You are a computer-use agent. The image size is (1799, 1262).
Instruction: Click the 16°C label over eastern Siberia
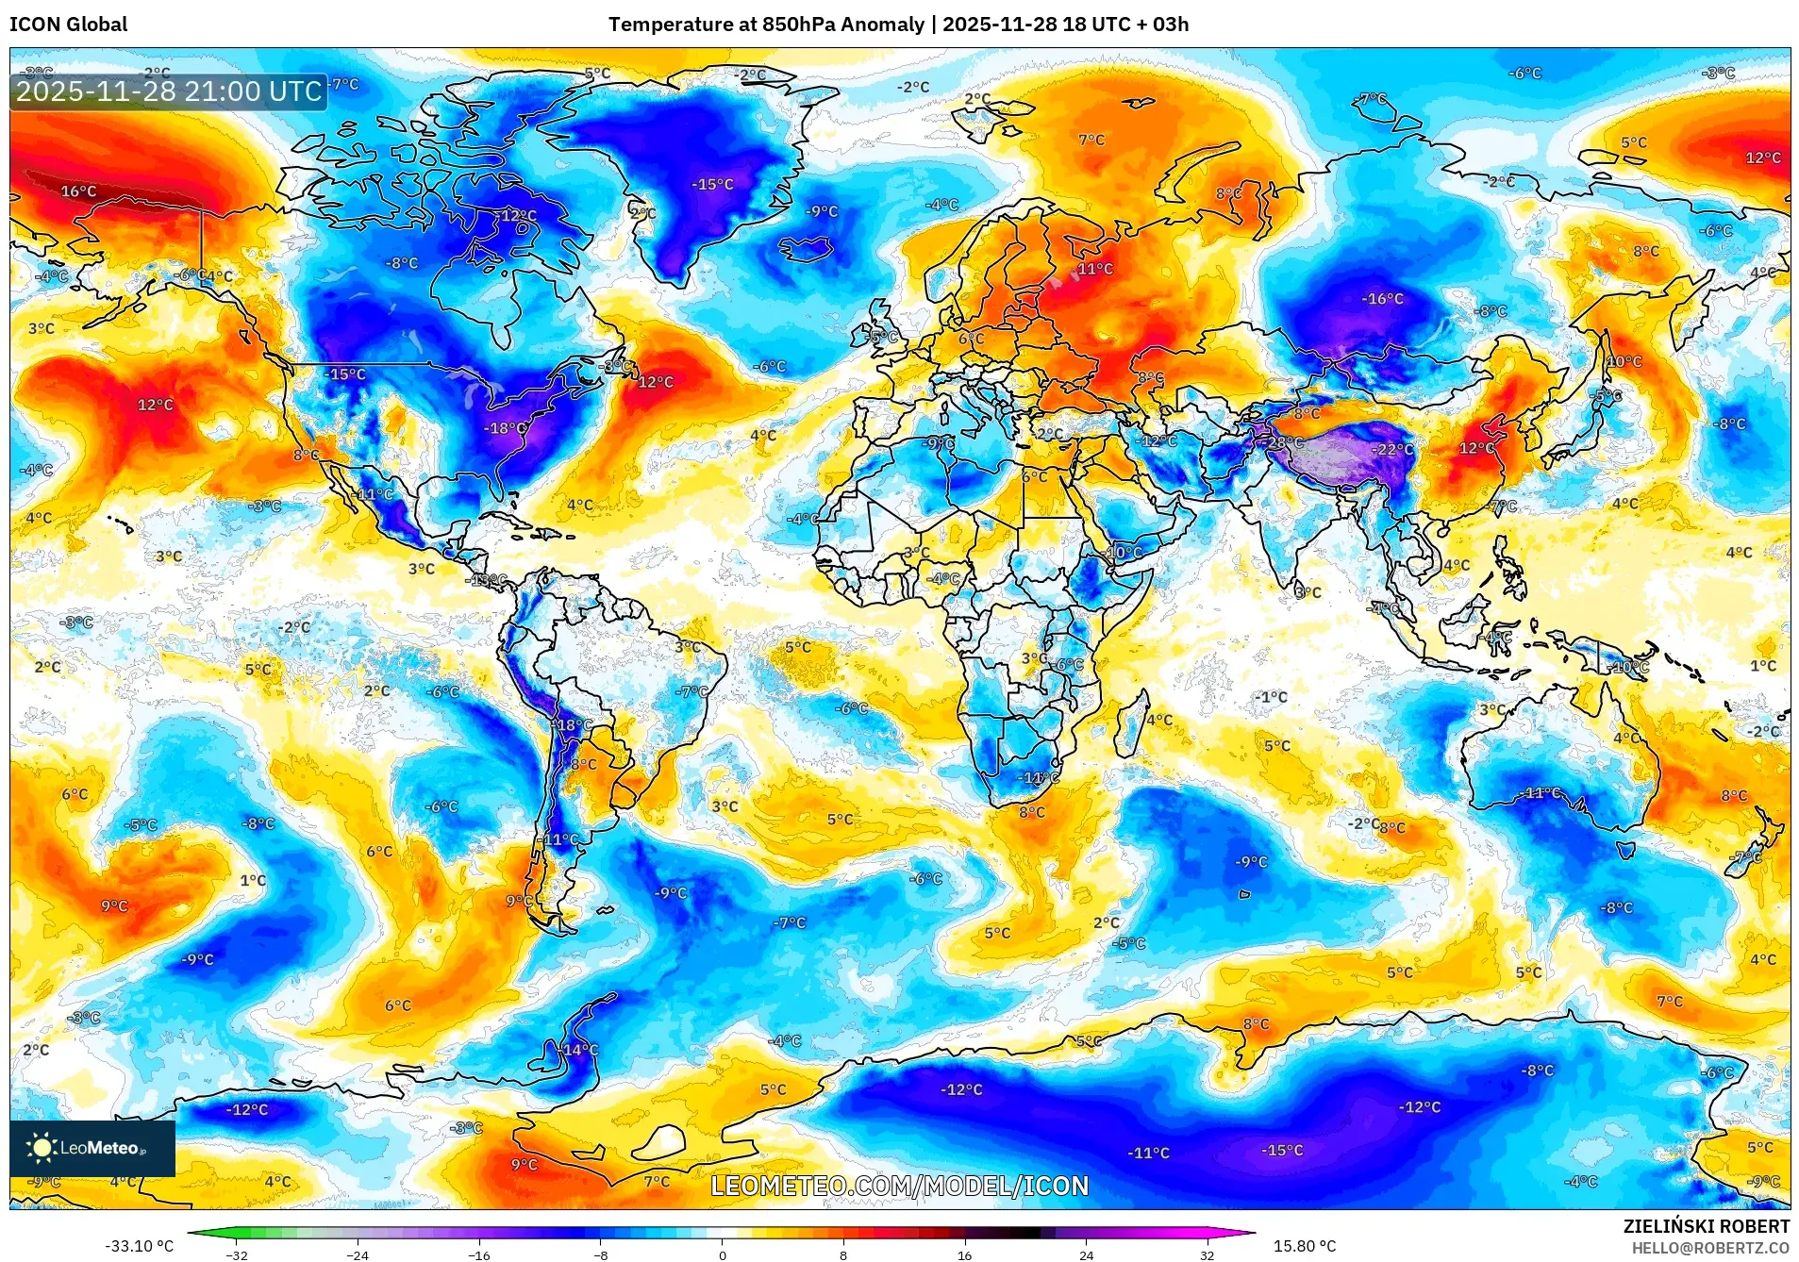pyautogui.click(x=78, y=191)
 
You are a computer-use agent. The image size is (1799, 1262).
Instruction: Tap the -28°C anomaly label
pyautogui.click(x=1284, y=442)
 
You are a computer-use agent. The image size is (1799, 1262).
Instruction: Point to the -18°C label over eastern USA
pyautogui.click(x=506, y=428)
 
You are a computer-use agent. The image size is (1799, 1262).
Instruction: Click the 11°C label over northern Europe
pyautogui.click(x=1095, y=269)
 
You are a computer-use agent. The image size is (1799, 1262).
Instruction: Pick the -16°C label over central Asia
pyautogui.click(x=1383, y=299)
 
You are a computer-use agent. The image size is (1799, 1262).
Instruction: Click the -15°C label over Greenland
pyautogui.click(x=712, y=185)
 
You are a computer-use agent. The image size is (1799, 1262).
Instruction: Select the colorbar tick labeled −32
pyautogui.click(x=237, y=1255)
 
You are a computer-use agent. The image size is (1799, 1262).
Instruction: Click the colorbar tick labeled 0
pyautogui.click(x=723, y=1255)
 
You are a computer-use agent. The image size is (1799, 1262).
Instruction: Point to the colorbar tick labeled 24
pyautogui.click(x=1087, y=1255)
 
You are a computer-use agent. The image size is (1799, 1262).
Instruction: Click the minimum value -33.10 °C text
pyautogui.click(x=140, y=1246)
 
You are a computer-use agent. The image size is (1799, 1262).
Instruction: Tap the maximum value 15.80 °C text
pyautogui.click(x=1305, y=1246)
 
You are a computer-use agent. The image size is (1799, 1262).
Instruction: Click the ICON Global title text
pyautogui.click(x=68, y=25)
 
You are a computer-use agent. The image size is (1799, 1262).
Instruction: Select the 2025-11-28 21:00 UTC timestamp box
pyautogui.click(x=169, y=91)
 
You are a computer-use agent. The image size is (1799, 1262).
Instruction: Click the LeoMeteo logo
pyautogui.click(x=92, y=1148)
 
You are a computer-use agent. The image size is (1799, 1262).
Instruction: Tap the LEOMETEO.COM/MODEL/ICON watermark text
pyautogui.click(x=899, y=1186)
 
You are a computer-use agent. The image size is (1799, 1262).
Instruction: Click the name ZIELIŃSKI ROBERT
pyautogui.click(x=1706, y=1226)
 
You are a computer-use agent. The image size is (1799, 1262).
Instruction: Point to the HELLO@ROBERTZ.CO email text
pyautogui.click(x=1710, y=1248)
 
